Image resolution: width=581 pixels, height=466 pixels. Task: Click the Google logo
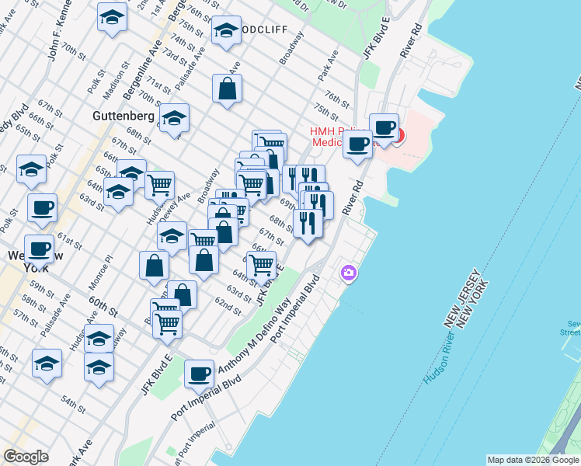pos(26,457)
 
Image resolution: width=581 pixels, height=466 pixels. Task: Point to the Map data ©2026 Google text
pos(533,460)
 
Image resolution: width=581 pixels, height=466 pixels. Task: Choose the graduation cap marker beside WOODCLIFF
pos(226,31)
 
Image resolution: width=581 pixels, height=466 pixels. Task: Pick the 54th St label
pos(74,404)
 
